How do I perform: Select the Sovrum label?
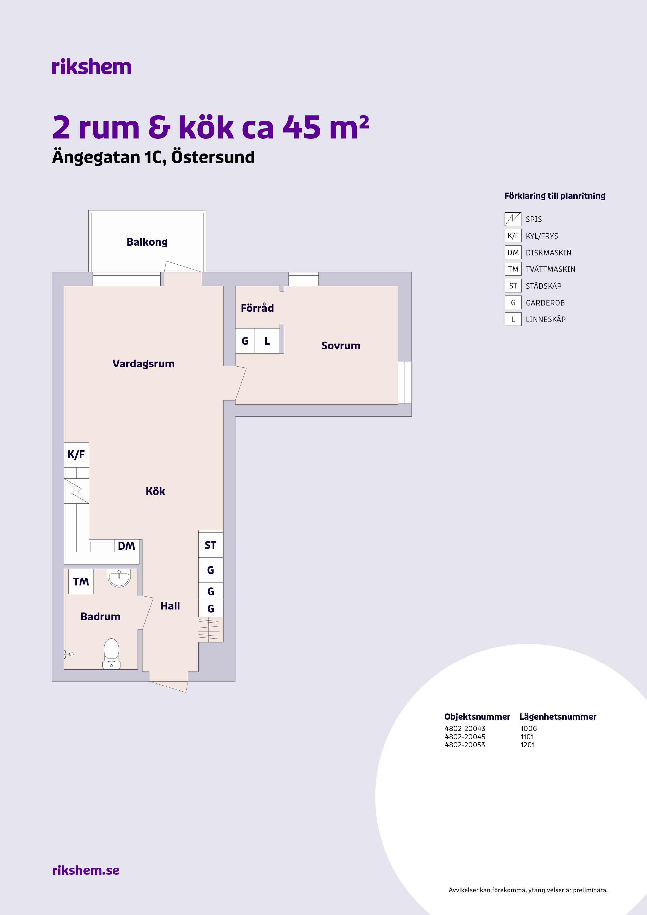pyautogui.click(x=341, y=346)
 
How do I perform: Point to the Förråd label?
pyautogui.click(x=257, y=308)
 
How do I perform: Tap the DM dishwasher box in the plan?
pyautogui.click(x=126, y=546)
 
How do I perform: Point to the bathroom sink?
pyautogui.click(x=119, y=578)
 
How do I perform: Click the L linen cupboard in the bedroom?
pyautogui.click(x=267, y=341)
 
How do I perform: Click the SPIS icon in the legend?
pyautogui.click(x=513, y=219)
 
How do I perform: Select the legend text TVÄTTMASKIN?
pyautogui.click(x=551, y=269)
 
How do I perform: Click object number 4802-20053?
pyautogui.click(x=465, y=745)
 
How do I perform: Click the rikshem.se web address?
pyautogui.click(x=86, y=870)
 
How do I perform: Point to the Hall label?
pyautogui.click(x=170, y=606)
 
